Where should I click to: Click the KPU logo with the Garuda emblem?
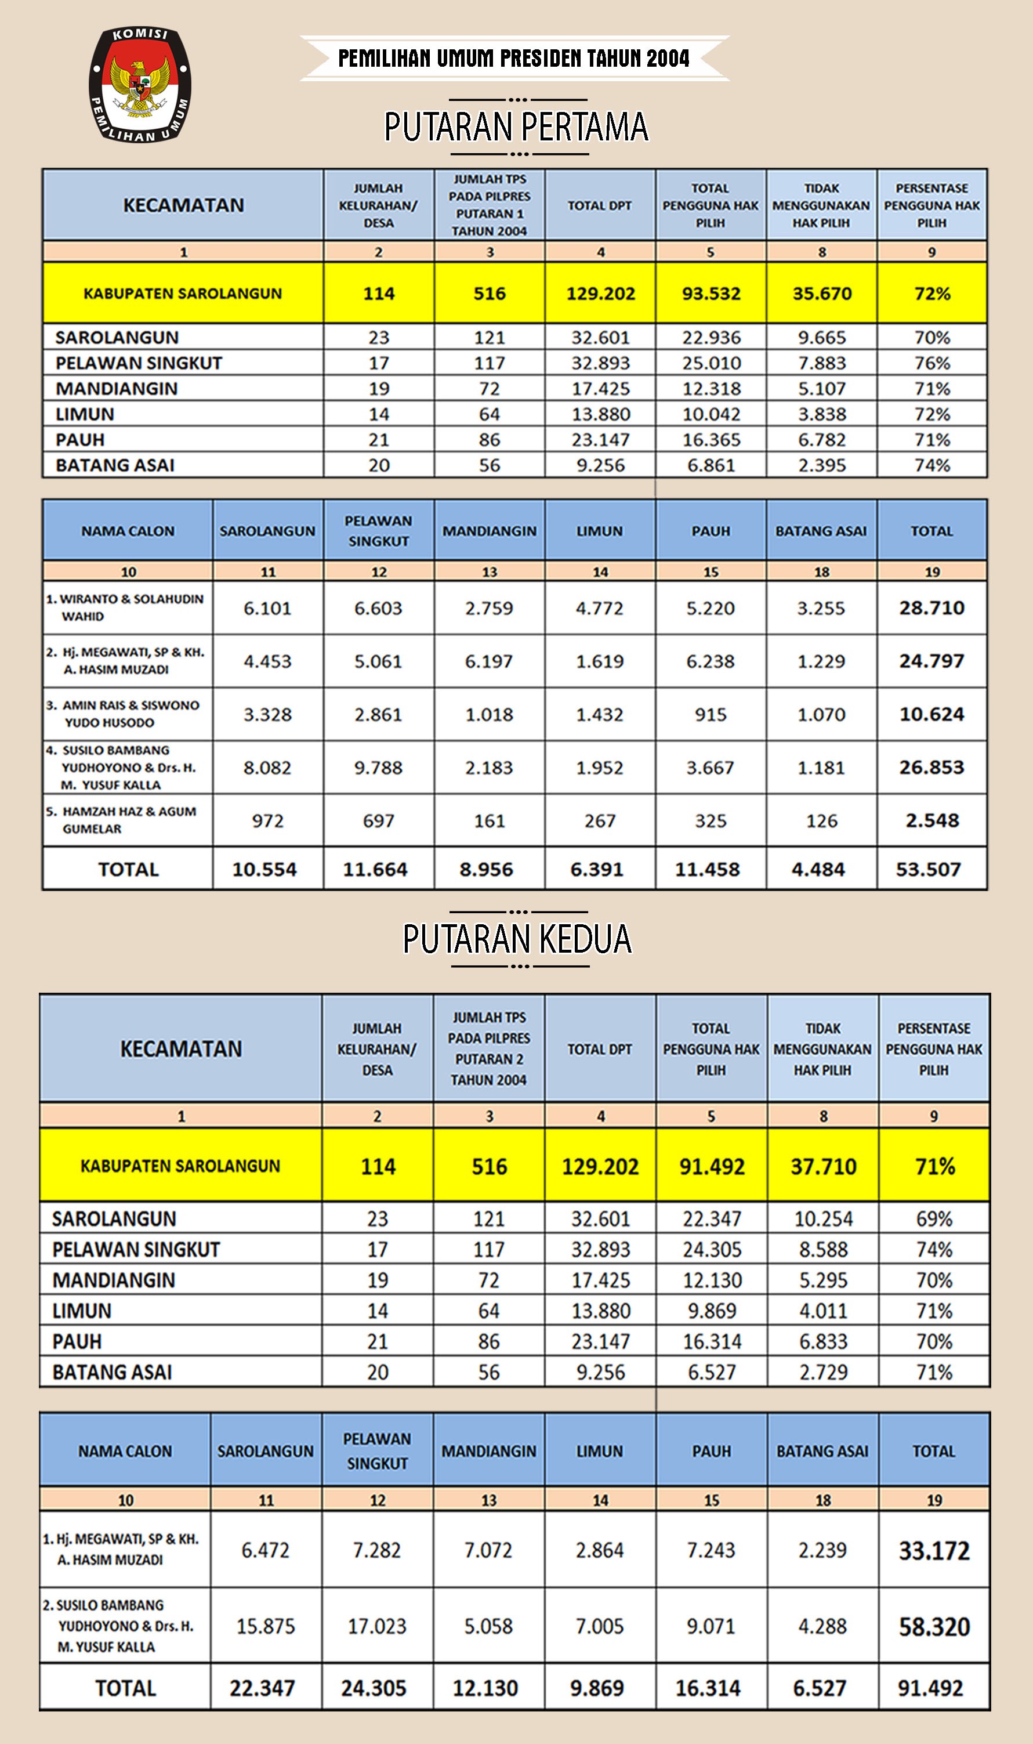140,84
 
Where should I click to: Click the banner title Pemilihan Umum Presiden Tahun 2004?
514,59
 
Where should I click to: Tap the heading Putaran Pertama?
516,126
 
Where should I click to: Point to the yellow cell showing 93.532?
711,293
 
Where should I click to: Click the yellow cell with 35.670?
821,293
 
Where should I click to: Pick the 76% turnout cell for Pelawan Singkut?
931,363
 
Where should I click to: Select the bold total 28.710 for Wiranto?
931,608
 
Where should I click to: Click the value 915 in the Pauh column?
710,714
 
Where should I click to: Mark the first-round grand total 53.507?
928,869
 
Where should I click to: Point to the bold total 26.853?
931,767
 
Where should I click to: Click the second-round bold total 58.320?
933,1626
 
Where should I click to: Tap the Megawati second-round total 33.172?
933,1550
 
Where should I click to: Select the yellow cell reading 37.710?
823,1166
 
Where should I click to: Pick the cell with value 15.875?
265,1626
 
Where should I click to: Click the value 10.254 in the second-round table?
823,1218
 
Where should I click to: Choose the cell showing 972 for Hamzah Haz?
267,821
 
